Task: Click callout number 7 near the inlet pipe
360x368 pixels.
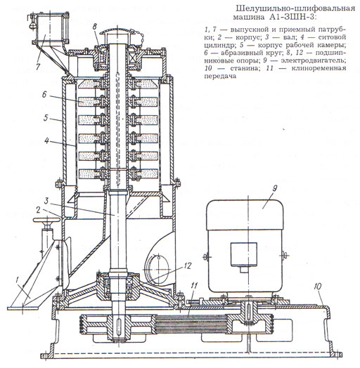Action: pos(38,66)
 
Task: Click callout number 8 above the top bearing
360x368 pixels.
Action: pos(94,27)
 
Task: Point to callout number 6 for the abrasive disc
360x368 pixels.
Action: pos(44,95)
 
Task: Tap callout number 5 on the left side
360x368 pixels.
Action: pos(46,117)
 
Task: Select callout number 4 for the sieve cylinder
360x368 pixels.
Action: pos(47,140)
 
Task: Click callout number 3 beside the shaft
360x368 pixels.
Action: pos(46,201)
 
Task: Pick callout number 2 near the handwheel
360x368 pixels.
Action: pos(38,210)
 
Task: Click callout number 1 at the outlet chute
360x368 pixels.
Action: pos(17,280)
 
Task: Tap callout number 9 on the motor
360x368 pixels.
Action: pos(275,188)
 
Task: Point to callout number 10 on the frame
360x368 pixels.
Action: pos(318,287)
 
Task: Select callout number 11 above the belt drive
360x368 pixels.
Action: pos(194,286)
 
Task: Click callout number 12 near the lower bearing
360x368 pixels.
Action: pos(188,265)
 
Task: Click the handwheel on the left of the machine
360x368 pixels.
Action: pos(46,220)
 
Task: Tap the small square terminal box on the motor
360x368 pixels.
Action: pos(243,255)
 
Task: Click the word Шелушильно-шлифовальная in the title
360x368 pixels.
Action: pos(295,8)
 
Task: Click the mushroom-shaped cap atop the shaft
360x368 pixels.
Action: pos(117,33)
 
